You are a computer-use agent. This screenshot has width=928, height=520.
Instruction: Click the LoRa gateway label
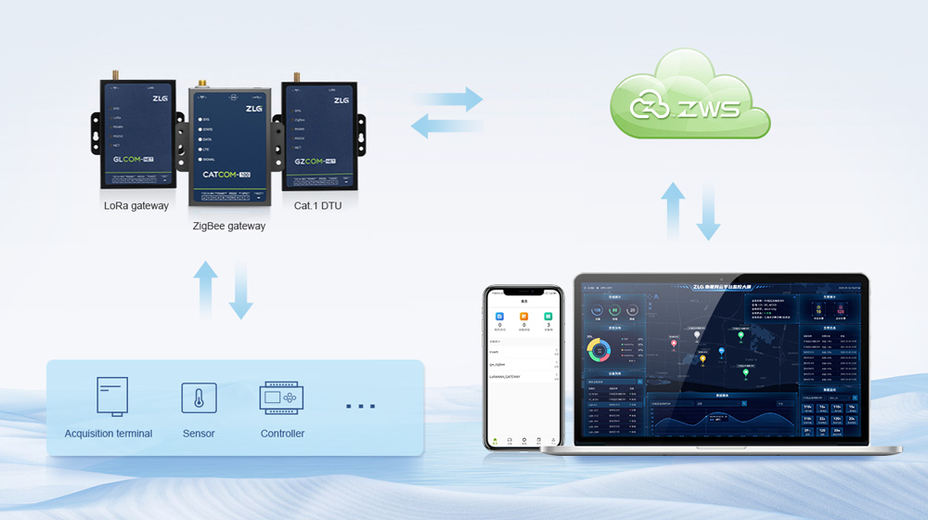pos(136,205)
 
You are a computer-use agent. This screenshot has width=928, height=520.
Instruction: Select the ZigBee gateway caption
pos(229,226)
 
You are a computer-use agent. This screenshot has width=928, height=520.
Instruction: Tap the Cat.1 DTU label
pos(317,205)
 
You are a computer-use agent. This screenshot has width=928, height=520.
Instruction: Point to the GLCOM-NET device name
pos(126,159)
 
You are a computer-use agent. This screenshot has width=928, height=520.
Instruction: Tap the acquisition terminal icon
pos(111,396)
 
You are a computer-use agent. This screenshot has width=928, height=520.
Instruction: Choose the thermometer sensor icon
pos(199,398)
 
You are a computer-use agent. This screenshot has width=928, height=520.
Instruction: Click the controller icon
pos(282,397)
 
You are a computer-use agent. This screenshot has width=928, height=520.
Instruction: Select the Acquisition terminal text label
pos(109,434)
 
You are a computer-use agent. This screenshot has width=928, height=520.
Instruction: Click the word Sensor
pos(199,434)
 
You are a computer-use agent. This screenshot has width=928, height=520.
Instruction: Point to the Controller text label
pos(282,434)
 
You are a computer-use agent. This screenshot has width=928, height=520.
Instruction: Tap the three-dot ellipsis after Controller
pos(360,407)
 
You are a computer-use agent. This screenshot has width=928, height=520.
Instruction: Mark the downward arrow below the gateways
pos(241,291)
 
